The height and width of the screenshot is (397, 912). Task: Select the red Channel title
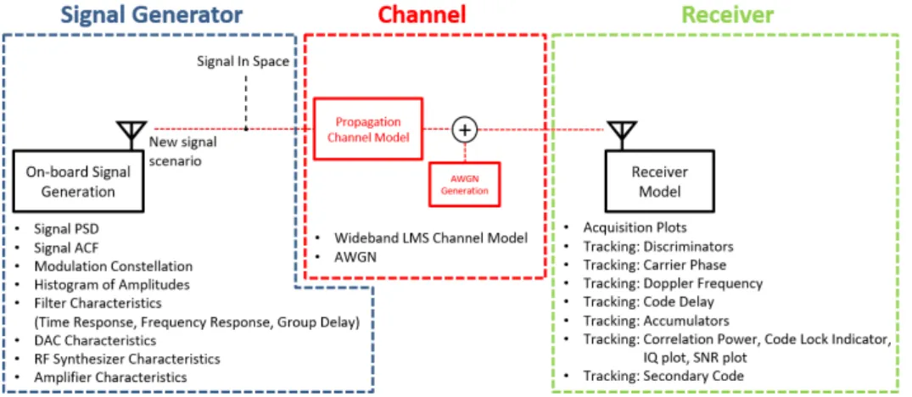coord(422,14)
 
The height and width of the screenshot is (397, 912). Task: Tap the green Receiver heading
coord(728,14)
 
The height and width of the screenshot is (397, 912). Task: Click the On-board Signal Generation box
coord(78,182)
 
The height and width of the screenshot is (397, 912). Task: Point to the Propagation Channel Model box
coord(367,129)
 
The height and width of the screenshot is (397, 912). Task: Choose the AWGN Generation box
coord(464,184)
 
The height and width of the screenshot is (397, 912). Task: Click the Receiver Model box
coord(659,182)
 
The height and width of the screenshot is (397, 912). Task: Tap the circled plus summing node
coord(464,130)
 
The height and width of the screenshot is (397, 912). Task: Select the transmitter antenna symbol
coord(132,136)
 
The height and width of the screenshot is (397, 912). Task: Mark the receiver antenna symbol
coord(622,136)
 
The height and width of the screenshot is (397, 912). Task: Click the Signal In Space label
coord(243,62)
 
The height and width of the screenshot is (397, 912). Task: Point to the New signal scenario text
coord(182,151)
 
